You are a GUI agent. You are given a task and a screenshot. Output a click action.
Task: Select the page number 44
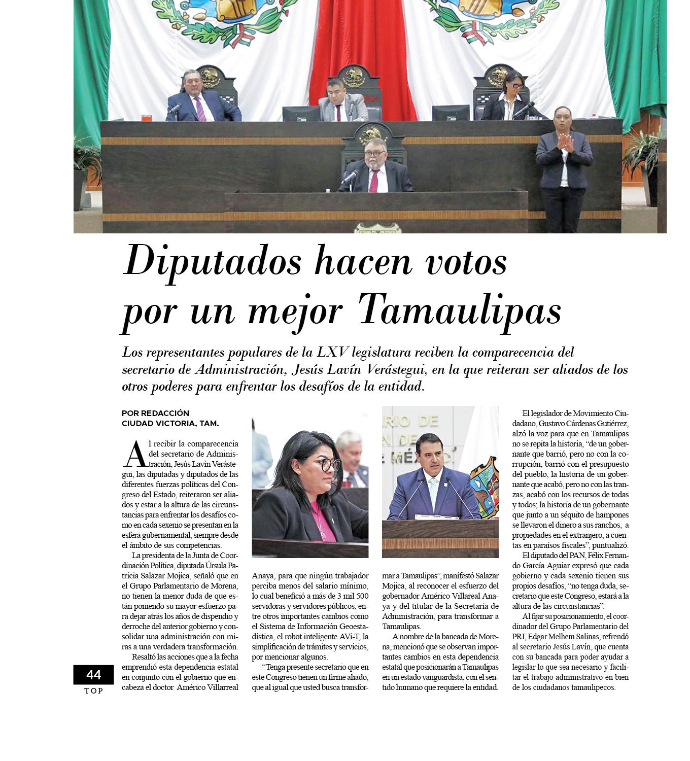93,674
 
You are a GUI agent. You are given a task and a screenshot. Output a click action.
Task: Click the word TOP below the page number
93,690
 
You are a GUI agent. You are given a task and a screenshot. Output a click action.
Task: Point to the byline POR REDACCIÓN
155,413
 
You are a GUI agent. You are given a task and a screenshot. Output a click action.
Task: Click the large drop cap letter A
135,455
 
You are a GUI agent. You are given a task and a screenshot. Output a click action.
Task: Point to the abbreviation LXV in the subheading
333,352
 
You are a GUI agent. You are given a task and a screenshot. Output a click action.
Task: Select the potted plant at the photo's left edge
87,157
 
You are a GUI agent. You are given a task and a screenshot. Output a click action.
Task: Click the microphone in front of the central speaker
350,177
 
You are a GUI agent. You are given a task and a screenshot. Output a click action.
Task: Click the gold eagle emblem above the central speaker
373,135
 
